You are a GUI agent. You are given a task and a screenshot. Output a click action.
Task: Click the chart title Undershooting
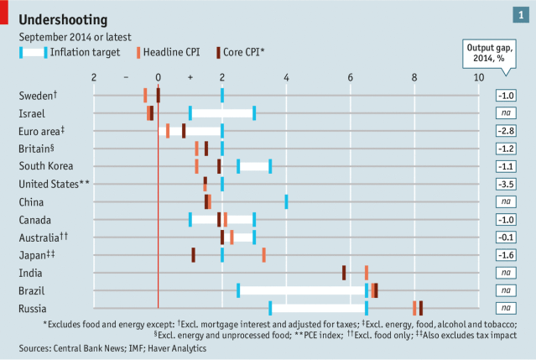[65, 18]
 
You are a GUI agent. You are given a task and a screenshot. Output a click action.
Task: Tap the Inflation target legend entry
[80, 53]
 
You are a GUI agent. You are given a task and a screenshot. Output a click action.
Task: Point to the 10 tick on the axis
[478, 77]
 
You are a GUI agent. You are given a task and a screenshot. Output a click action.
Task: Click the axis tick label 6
[351, 77]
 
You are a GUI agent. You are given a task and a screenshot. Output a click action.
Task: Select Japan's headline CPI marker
[263, 254]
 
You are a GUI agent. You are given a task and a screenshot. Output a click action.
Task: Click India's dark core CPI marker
[344, 273]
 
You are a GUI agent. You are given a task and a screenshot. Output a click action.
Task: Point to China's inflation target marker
[286, 201]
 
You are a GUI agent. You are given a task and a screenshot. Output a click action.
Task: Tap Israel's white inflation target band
[222, 113]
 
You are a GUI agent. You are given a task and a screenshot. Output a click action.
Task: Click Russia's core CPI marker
[420, 308]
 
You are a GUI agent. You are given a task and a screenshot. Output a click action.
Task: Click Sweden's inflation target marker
[222, 95]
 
